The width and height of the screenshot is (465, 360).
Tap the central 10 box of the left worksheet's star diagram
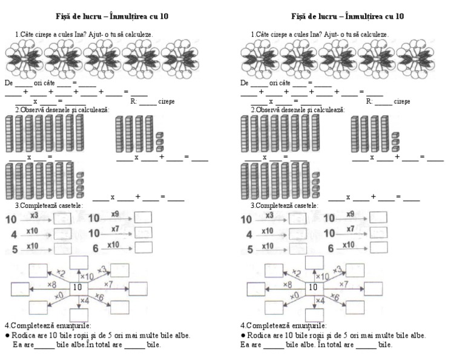tap(77, 287)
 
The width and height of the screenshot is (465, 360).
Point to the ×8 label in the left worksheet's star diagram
tap(53, 283)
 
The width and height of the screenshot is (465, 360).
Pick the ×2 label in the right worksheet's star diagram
tap(296, 273)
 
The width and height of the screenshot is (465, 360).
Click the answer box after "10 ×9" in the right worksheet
tap(378, 217)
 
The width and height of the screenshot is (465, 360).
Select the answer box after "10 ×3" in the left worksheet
tap(62, 218)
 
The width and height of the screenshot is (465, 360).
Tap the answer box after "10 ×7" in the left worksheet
tap(143, 232)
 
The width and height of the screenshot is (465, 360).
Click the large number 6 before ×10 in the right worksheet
tap(331, 248)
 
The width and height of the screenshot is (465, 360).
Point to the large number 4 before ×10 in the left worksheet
tap(13, 234)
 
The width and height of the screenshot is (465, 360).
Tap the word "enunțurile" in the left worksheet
tap(72, 325)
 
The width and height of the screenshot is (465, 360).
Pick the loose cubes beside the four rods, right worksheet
tap(395, 141)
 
